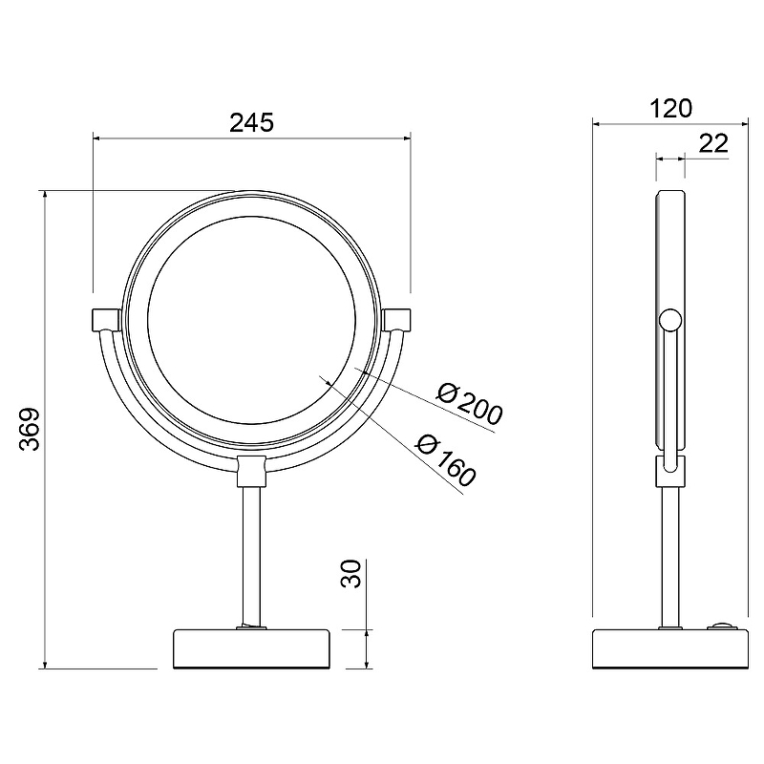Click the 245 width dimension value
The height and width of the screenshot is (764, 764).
251,122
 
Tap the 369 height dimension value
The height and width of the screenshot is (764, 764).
30,429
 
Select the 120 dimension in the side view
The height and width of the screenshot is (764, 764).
670,108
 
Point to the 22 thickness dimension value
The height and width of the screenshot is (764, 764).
713,143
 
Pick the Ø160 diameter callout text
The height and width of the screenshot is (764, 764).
445,460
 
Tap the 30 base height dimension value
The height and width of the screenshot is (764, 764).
350,574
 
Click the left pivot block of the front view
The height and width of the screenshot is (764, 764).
106,320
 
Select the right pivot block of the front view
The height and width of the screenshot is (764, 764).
396,320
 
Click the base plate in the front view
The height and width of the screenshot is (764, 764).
251,649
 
